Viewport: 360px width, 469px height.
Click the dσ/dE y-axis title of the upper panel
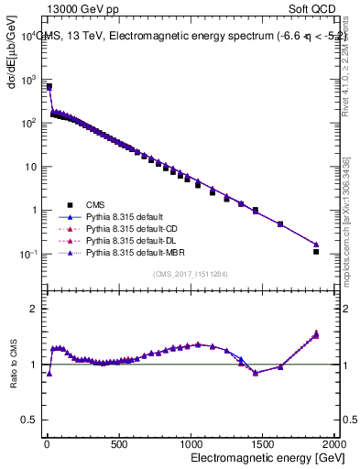click(13, 56)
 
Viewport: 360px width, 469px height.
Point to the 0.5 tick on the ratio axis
click(32, 420)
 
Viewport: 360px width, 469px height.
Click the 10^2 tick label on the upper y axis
click(29, 123)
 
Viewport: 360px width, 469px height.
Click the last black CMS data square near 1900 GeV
click(316, 251)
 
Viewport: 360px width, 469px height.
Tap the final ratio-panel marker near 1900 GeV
click(316, 334)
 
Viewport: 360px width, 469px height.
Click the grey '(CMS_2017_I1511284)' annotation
click(191, 274)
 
